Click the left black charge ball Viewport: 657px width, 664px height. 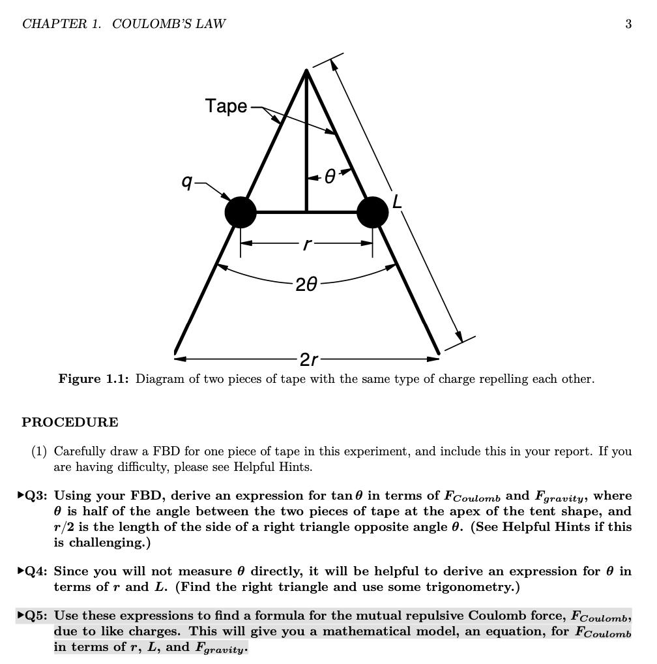click(241, 212)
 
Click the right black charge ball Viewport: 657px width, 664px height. click(373, 212)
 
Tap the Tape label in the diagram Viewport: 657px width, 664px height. click(226, 106)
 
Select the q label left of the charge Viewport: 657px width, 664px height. click(187, 183)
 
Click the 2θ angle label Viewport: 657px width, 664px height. click(306, 284)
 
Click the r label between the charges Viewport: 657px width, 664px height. click(306, 245)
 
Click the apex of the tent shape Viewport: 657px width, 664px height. click(306, 70)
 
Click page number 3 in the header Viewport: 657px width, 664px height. click(628, 24)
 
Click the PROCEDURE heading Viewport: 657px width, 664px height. click(70, 422)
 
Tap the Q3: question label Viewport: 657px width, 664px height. click(38, 496)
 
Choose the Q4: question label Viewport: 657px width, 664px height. click(38, 571)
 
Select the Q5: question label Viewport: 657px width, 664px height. click(38, 616)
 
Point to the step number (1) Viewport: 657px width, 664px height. click(40, 451)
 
